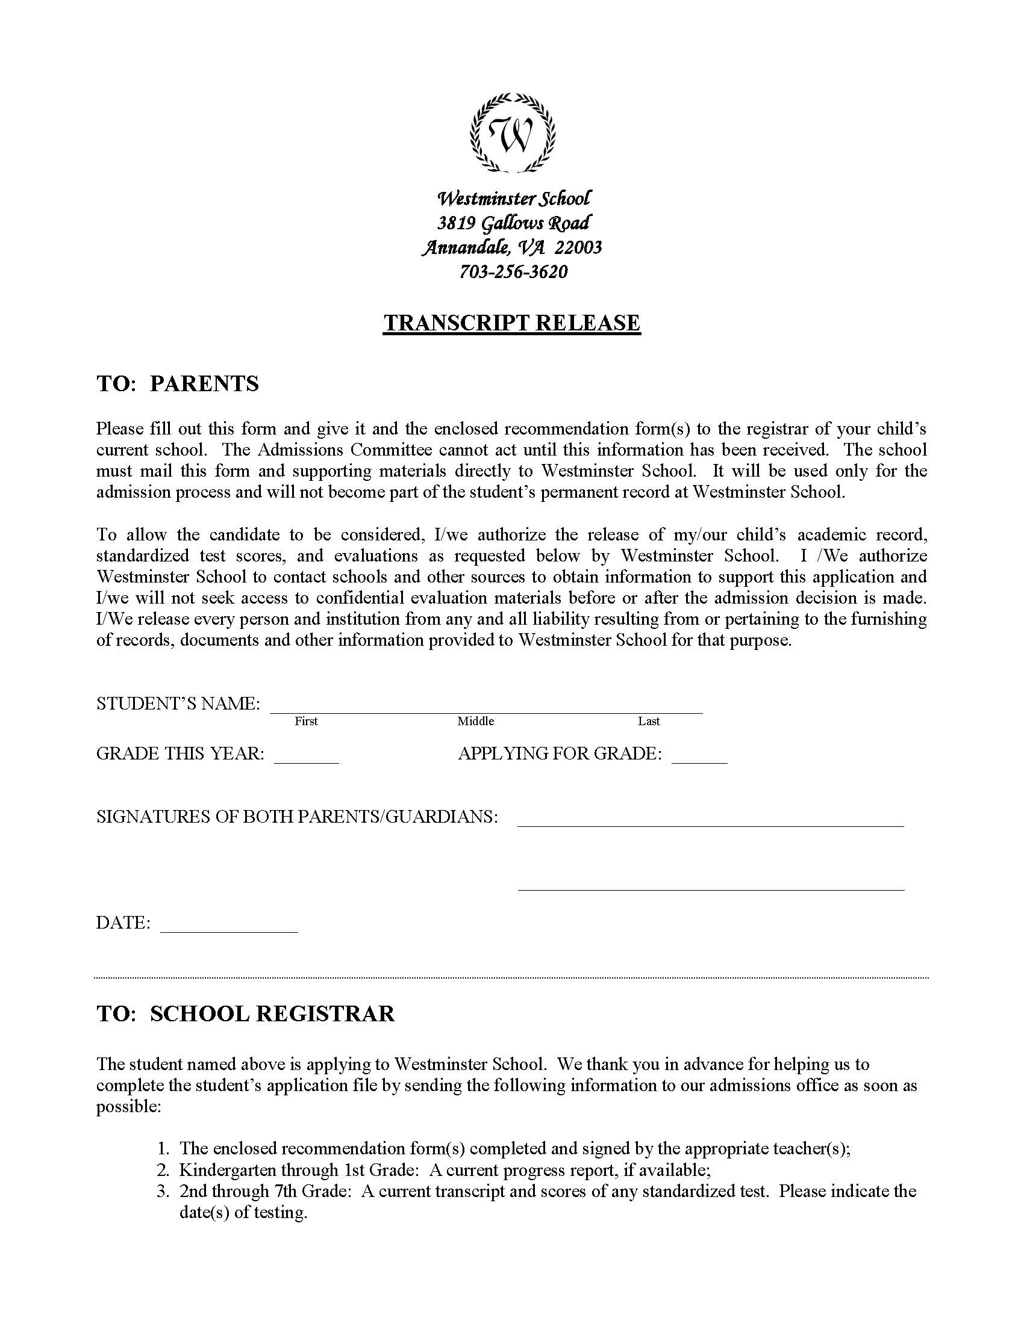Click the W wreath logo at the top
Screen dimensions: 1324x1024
(x=513, y=132)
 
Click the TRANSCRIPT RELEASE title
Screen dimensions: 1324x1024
(x=511, y=323)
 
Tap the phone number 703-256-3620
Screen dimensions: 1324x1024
(x=513, y=271)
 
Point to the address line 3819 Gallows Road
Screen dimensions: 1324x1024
(x=513, y=223)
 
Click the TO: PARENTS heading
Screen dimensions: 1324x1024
(x=178, y=384)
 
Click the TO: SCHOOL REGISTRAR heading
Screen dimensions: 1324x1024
(x=246, y=1013)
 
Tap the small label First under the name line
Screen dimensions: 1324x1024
(x=306, y=722)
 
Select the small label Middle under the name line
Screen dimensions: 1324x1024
(x=476, y=722)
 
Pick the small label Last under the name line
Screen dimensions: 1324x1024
(x=649, y=722)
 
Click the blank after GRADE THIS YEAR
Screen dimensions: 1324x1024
(x=307, y=760)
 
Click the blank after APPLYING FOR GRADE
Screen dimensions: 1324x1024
(x=699, y=760)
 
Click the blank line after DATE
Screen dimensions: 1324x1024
(x=229, y=930)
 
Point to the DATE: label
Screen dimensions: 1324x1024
(x=123, y=923)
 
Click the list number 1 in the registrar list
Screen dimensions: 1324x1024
(x=162, y=1148)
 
